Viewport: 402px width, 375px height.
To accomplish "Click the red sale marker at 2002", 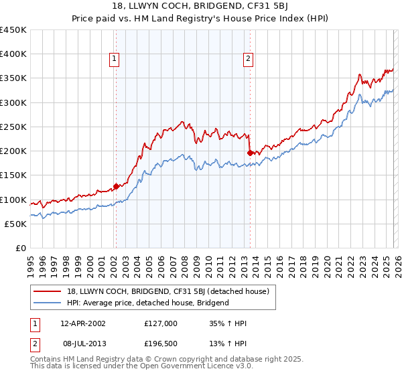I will pos(116,187).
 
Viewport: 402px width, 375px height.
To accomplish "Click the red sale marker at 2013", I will pos(250,153).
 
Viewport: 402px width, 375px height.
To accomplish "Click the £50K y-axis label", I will pos(15,224).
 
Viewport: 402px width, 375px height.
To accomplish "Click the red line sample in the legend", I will pos(48,291).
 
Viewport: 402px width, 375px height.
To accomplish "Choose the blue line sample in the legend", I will pos(48,303).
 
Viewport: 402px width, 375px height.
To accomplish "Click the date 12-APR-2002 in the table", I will pos(82,323).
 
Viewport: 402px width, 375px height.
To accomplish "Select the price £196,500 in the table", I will pos(161,343).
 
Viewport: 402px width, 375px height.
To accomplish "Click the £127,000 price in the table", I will pos(161,323).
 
